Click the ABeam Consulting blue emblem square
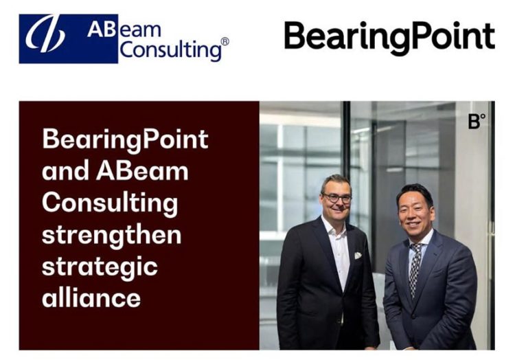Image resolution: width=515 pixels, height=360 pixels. [x=49, y=38]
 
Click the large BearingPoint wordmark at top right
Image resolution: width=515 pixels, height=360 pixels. [x=389, y=37]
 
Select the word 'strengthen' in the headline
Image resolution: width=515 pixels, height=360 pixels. [x=111, y=234]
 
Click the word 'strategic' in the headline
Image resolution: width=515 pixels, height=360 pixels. [x=100, y=266]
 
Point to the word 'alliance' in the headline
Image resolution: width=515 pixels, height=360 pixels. [x=91, y=297]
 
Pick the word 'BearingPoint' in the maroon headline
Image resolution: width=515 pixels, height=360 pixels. [x=125, y=139]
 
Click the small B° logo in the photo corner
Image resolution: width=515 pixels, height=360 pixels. [x=477, y=122]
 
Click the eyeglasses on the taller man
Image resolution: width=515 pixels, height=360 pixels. [x=337, y=198]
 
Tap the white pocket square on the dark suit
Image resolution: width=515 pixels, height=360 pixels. [x=358, y=255]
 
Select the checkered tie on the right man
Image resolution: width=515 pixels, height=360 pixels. [x=415, y=269]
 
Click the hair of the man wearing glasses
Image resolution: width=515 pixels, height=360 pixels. [x=336, y=181]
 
